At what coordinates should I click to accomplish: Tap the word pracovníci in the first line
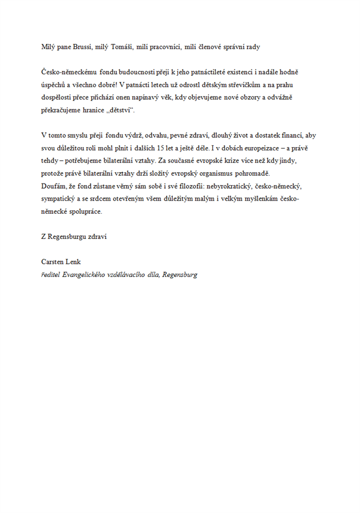pyautogui.click(x=165, y=47)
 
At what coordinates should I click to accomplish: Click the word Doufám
pyautogui.click(x=53, y=186)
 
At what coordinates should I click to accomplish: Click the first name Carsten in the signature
pyautogui.click(x=53, y=262)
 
